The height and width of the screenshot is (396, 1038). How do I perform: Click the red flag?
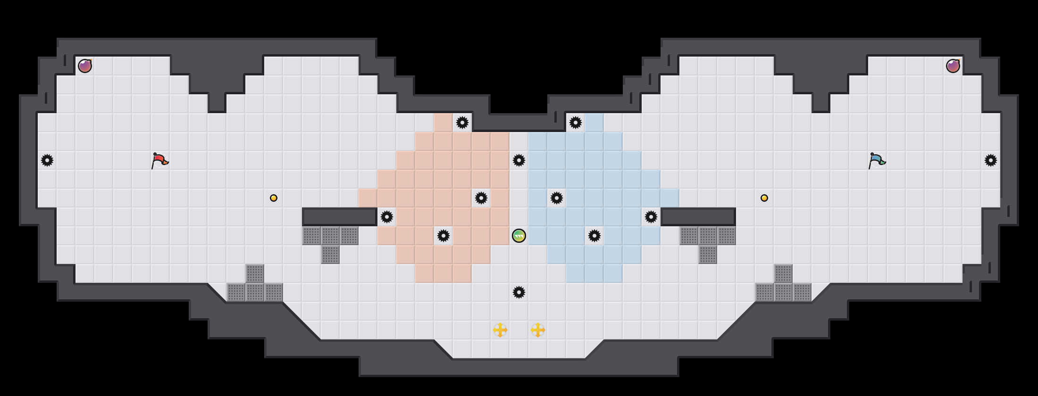click(159, 160)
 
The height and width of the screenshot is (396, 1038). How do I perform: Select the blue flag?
click(877, 160)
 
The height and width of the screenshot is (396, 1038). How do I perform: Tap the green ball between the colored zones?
click(519, 236)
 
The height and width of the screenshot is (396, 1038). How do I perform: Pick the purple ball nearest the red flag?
click(85, 66)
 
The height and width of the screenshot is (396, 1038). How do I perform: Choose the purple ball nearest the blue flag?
click(953, 66)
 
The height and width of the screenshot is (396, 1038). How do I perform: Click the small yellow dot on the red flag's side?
click(274, 198)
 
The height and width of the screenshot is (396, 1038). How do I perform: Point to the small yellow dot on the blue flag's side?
click(764, 198)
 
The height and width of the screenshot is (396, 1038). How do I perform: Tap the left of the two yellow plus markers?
click(500, 330)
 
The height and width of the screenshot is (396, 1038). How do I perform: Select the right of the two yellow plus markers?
click(538, 330)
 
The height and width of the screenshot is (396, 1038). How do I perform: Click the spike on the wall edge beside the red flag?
click(47, 160)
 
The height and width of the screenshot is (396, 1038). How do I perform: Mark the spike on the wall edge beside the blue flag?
click(991, 160)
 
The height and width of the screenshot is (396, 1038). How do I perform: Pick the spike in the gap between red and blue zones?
click(519, 160)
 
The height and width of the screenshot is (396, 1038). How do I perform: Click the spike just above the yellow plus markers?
click(519, 292)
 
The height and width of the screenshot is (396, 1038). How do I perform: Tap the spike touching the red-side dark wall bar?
click(387, 217)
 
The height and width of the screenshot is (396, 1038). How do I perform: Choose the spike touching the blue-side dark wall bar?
click(651, 217)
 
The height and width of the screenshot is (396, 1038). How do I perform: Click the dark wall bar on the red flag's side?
click(340, 217)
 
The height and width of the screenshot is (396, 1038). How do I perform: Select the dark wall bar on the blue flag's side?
click(698, 217)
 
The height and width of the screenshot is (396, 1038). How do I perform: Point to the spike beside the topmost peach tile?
click(462, 123)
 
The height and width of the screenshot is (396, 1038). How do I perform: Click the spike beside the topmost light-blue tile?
click(576, 123)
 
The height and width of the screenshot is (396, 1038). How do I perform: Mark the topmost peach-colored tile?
click(444, 123)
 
